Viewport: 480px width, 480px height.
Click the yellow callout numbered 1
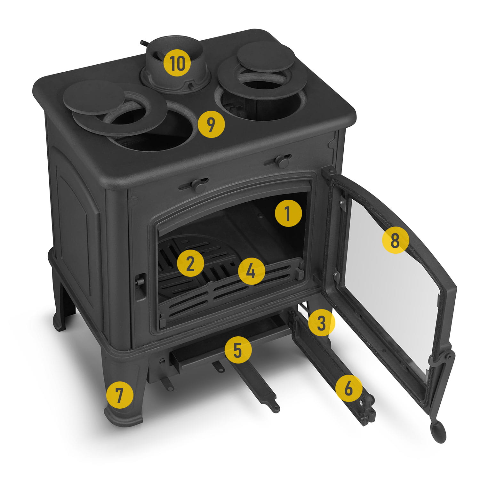tap(288, 213)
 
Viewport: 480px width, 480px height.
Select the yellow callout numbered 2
tap(190, 263)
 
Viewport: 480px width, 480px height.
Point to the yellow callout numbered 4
tap(252, 272)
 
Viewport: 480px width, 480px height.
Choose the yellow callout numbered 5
tap(238, 349)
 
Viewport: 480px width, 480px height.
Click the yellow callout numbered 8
tap(396, 240)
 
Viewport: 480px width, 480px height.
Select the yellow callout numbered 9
tap(211, 124)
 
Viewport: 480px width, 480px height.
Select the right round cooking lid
tap(266, 56)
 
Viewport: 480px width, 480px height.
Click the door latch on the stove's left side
tap(140, 286)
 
